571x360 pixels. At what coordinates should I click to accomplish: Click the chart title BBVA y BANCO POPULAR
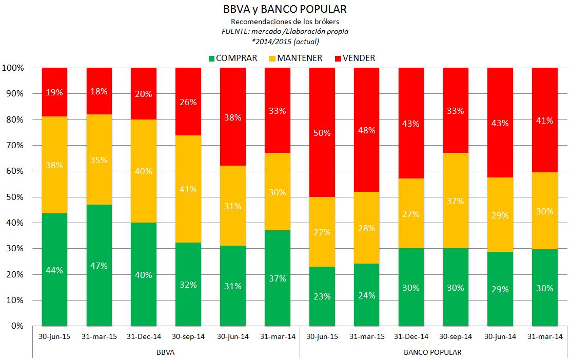(x=285, y=9)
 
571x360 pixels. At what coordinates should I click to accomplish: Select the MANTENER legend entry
(x=294, y=58)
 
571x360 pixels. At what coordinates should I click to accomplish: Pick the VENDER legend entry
(x=355, y=58)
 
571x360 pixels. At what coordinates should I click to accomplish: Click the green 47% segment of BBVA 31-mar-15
(x=99, y=265)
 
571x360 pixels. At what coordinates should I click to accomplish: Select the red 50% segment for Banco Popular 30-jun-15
(x=322, y=132)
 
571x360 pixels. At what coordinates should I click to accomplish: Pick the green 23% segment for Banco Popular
(x=322, y=296)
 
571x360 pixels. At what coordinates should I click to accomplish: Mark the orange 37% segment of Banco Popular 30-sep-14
(x=456, y=201)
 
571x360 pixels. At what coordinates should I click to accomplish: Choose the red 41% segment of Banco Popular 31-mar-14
(x=544, y=121)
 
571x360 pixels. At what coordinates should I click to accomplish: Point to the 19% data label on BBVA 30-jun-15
(x=54, y=93)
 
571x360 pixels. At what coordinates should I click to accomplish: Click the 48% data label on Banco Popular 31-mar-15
(x=366, y=130)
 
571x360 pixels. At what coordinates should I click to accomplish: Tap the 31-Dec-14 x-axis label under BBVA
(x=144, y=337)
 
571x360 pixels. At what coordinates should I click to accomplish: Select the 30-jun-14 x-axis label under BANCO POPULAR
(x=500, y=337)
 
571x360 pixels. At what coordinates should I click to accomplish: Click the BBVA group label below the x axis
(x=166, y=352)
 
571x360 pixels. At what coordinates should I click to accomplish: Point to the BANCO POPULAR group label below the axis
(x=432, y=352)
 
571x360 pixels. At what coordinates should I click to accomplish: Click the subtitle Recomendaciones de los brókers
(x=285, y=22)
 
